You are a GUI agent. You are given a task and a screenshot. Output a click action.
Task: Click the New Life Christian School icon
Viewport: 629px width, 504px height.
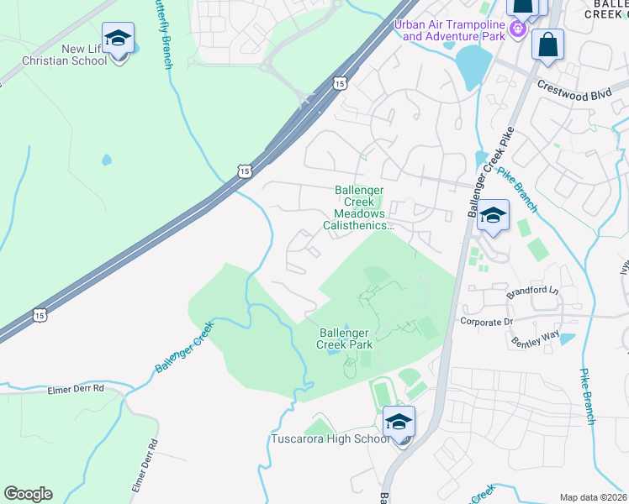tap(118, 39)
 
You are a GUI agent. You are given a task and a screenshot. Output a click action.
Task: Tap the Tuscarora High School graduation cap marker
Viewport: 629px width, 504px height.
tap(399, 422)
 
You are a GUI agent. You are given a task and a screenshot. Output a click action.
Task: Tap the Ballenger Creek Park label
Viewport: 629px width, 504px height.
tap(345, 339)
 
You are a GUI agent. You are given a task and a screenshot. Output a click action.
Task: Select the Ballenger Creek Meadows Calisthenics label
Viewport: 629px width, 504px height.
tap(359, 208)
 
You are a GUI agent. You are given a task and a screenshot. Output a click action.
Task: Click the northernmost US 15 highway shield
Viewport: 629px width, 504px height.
tap(339, 82)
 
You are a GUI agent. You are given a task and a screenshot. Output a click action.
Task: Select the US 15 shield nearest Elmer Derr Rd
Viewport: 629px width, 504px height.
tap(40, 315)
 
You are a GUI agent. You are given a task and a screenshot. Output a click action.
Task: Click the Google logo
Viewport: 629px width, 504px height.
tap(28, 494)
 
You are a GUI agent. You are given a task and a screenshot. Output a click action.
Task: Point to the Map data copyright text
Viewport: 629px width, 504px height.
tap(593, 497)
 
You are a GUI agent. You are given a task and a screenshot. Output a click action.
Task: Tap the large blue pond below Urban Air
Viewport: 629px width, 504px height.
tap(473, 66)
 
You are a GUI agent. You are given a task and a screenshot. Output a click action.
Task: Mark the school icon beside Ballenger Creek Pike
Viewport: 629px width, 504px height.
tap(493, 215)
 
